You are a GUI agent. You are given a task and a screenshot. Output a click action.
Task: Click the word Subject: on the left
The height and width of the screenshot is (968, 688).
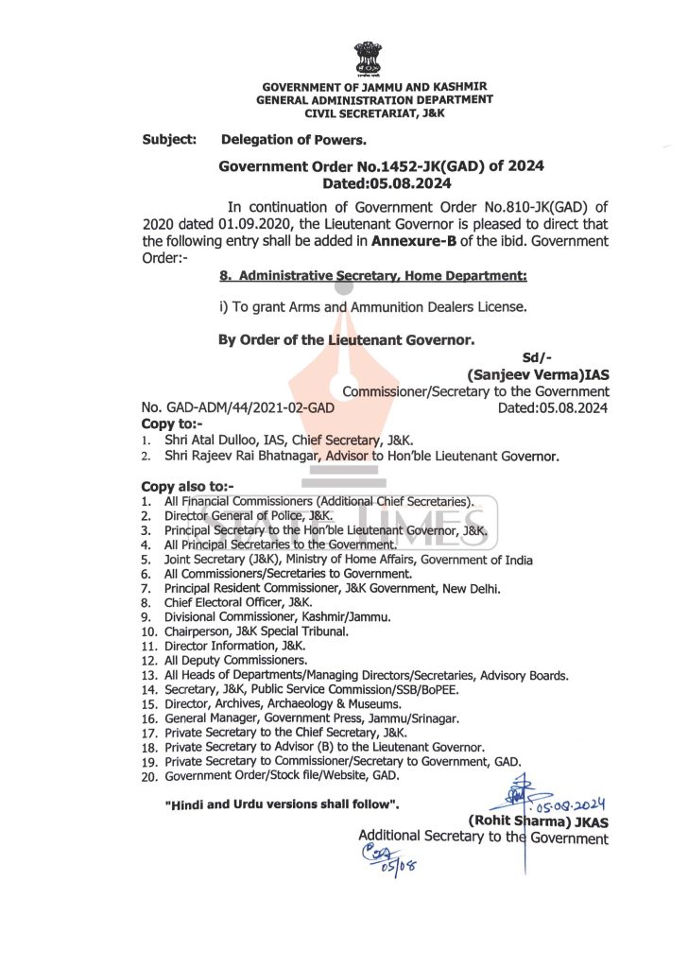(x=169, y=140)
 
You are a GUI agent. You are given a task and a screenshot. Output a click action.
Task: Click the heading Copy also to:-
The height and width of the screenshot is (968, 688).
(x=186, y=486)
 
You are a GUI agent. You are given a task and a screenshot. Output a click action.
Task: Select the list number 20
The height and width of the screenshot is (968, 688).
(x=148, y=775)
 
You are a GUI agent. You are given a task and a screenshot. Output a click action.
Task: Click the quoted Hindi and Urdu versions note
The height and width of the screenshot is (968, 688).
(x=282, y=804)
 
